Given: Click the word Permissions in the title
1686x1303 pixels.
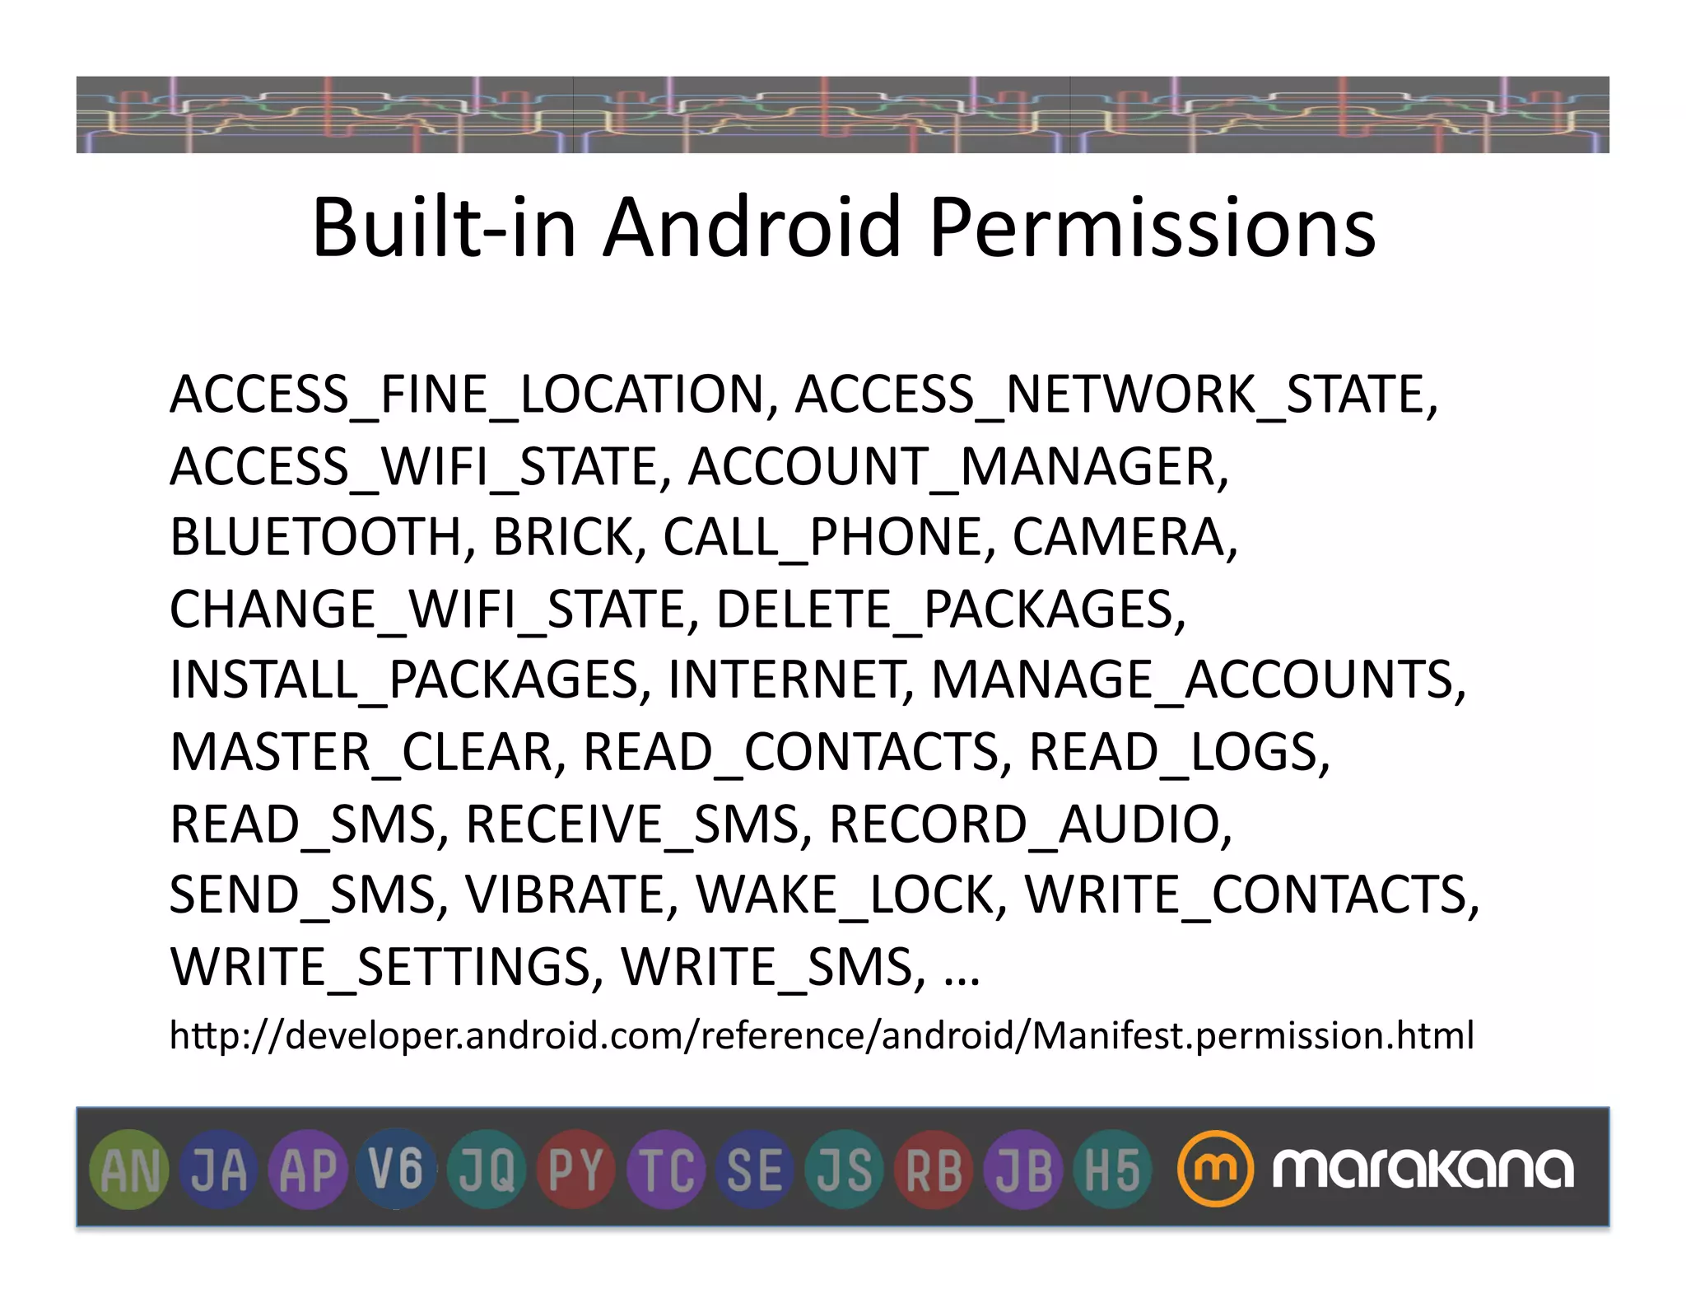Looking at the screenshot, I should point(1152,228).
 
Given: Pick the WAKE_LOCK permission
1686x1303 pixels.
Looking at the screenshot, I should point(845,895).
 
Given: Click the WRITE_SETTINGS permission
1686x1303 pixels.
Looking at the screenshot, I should point(380,967).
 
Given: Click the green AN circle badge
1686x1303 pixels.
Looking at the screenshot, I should point(128,1170).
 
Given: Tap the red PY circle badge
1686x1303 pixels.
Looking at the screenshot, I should point(575,1170).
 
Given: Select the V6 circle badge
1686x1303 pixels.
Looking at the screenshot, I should point(397,1170).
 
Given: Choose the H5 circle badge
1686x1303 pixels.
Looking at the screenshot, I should point(1112,1170).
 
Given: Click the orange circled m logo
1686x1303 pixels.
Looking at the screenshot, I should point(1215,1169).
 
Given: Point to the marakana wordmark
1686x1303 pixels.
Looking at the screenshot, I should point(1423,1169).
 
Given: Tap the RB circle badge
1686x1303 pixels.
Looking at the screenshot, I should point(934,1170).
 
